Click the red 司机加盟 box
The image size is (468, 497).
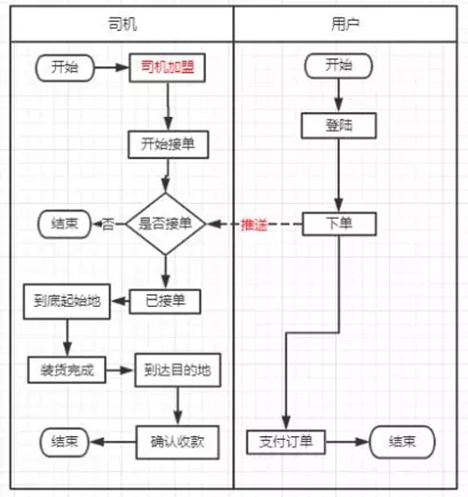pyautogui.click(x=168, y=67)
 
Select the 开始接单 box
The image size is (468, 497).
pyautogui.click(x=168, y=144)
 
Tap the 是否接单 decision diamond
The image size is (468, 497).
pyautogui.click(x=166, y=224)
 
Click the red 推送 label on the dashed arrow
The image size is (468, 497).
pyautogui.click(x=254, y=225)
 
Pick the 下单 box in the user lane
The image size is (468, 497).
pyautogui.click(x=339, y=224)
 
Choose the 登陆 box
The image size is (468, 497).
pyautogui.click(x=339, y=125)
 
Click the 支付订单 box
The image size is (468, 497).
pyautogui.click(x=286, y=442)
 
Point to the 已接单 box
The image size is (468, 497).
pyautogui.click(x=165, y=301)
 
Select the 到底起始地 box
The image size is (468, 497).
pyautogui.click(x=66, y=301)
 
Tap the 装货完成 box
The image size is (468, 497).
pyautogui.click(x=66, y=370)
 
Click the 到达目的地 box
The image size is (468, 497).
pyautogui.click(x=178, y=371)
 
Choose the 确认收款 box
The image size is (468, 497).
pyautogui.click(x=178, y=442)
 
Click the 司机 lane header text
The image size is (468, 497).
pyautogui.click(x=123, y=24)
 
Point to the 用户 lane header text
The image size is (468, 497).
pyautogui.click(x=345, y=24)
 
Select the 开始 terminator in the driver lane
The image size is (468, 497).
pyautogui.click(x=65, y=67)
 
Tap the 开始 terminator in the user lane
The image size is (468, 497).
pyautogui.click(x=339, y=66)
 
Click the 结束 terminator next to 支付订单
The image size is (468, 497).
pyautogui.click(x=402, y=442)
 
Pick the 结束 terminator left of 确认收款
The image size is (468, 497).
pyautogui.click(x=65, y=442)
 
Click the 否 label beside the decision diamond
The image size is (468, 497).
pyautogui.click(x=108, y=225)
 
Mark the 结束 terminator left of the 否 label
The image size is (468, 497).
pyautogui.click(x=65, y=224)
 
